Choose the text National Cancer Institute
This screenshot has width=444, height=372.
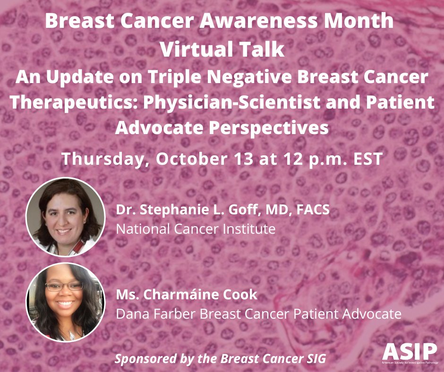[x=196, y=229]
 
